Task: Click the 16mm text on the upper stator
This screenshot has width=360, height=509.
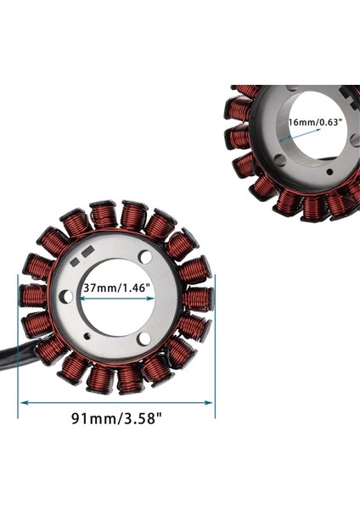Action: point(300,123)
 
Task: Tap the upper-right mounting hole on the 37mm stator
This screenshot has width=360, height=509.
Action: point(145,255)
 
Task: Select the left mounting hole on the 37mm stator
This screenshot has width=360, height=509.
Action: point(65,296)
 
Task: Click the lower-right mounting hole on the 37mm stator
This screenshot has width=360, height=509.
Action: point(144,338)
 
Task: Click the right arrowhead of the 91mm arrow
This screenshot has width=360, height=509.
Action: point(210,401)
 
